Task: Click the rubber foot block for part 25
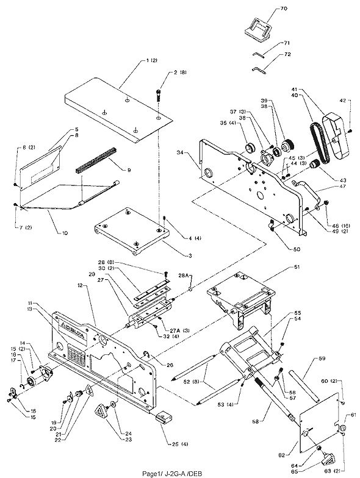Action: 163,418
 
